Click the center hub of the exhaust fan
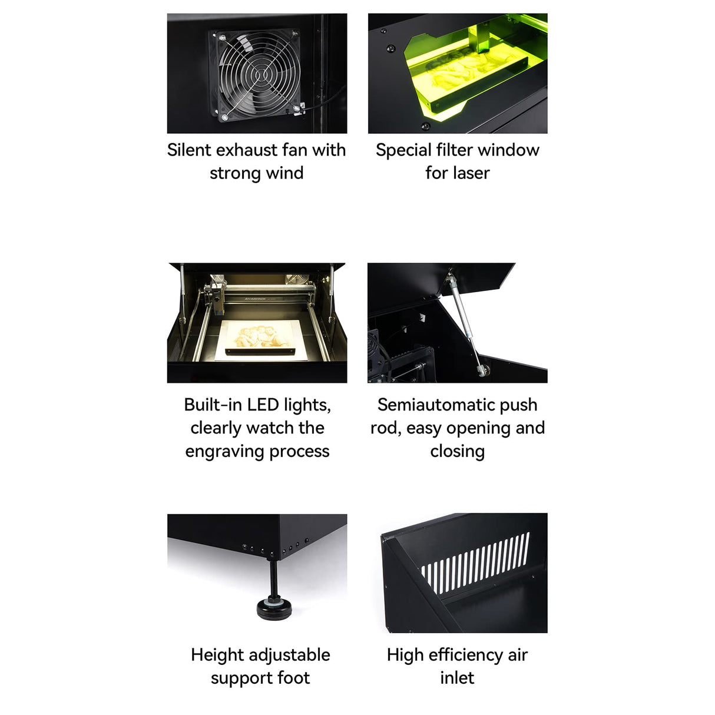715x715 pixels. click(x=257, y=75)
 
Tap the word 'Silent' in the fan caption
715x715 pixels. click(x=190, y=150)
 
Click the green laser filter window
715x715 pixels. click(x=471, y=77)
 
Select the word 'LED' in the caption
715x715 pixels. click(x=263, y=405)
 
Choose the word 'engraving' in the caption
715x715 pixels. click(x=219, y=452)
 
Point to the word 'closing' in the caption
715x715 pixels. click(x=458, y=451)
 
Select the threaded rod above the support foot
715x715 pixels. click(x=274, y=577)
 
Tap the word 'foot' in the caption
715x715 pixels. click(x=293, y=678)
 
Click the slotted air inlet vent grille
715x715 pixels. click(x=476, y=562)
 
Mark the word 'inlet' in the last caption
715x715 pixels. click(x=457, y=678)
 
